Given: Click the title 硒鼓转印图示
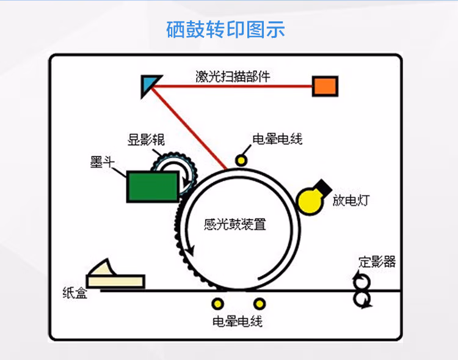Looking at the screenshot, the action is (x=225, y=29).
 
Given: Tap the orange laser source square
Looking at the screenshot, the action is (x=325, y=86).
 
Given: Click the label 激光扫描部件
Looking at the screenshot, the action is (x=233, y=76).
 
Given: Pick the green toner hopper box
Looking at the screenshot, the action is (x=153, y=187).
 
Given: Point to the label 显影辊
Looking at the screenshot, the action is (x=147, y=139).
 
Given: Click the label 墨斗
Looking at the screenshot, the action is (x=102, y=162).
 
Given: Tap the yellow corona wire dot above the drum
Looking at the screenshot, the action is (x=241, y=161).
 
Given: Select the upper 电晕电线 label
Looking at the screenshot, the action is (x=277, y=139).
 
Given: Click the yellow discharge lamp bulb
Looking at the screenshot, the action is (x=310, y=202).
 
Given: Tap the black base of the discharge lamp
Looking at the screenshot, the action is (x=322, y=187).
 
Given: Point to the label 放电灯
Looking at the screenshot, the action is (x=351, y=200).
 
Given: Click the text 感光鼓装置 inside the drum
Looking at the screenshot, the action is (x=235, y=224).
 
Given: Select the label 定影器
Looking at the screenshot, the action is (x=377, y=262).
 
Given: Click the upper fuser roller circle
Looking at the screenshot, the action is (x=362, y=282).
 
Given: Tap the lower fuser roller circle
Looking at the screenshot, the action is (x=362, y=299).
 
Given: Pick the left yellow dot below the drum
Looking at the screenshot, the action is (x=218, y=304).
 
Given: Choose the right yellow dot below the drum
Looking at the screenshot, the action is (x=260, y=304).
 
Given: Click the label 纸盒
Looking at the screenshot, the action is (x=75, y=292).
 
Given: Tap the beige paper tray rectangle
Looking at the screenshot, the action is (x=115, y=281).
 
